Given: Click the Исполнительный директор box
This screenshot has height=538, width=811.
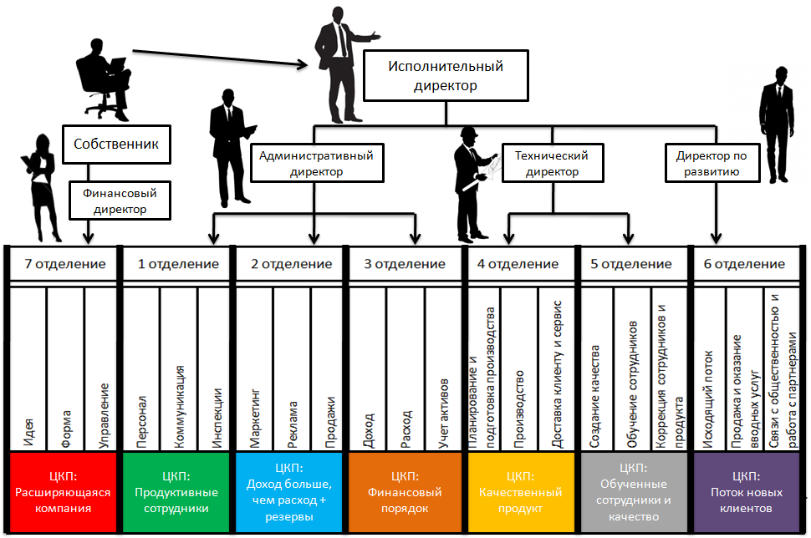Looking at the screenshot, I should pyautogui.click(x=445, y=74).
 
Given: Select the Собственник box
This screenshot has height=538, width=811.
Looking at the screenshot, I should pyautogui.click(x=116, y=144).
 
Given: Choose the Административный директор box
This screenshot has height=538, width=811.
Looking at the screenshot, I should pyautogui.click(x=316, y=163).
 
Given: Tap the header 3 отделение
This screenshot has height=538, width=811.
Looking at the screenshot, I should pyautogui.click(x=405, y=264).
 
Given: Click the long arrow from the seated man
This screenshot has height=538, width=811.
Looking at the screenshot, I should pyautogui.click(x=217, y=58).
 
